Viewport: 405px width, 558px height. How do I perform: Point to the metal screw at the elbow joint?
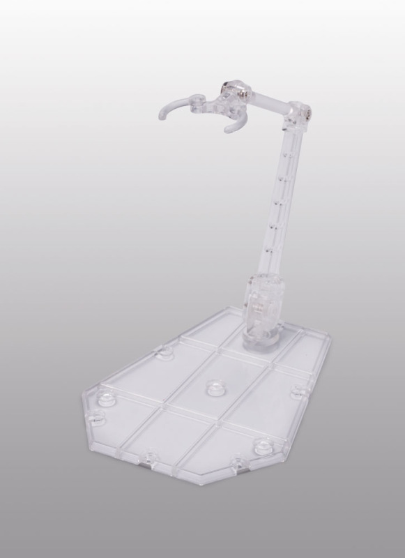click(308, 110)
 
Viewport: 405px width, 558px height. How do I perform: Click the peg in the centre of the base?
click(213, 384)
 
